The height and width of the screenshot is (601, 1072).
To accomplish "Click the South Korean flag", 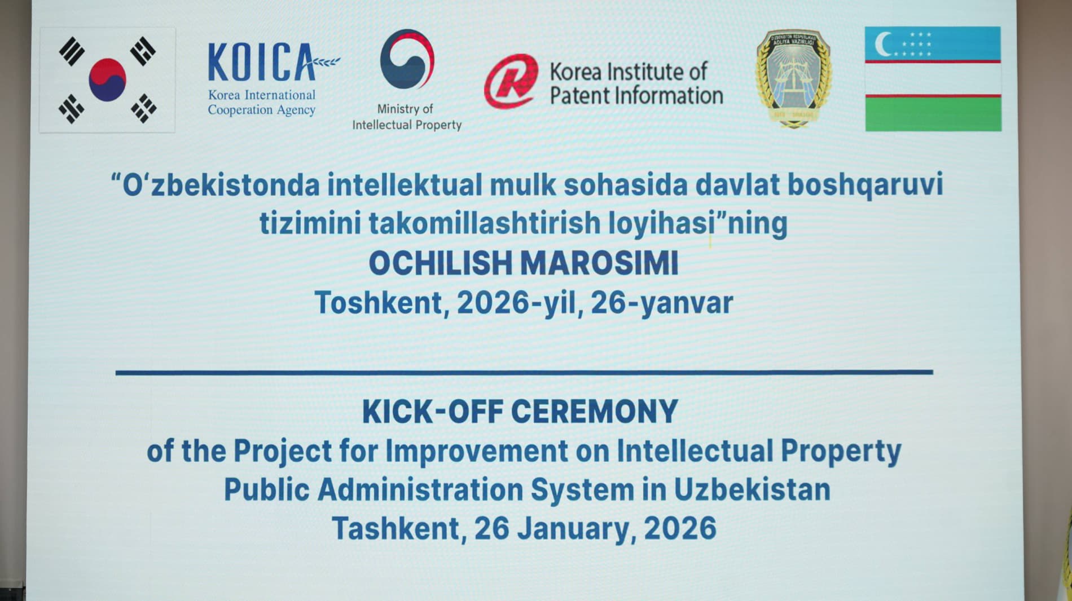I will [107, 79].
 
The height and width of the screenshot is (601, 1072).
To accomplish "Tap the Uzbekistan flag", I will [933, 79].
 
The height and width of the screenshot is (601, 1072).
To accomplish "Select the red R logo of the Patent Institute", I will [511, 81].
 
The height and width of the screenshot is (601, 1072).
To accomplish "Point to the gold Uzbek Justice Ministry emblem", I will [793, 78].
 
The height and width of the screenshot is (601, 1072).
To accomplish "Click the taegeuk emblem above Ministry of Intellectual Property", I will [407, 59].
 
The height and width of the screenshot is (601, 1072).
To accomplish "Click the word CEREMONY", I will [595, 412].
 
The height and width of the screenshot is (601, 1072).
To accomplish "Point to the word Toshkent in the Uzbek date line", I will [379, 303].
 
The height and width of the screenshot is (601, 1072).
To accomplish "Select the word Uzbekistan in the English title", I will [752, 489].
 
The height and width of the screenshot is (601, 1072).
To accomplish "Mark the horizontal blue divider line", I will [524, 372].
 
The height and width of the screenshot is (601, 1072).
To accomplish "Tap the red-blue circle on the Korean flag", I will [107, 79].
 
